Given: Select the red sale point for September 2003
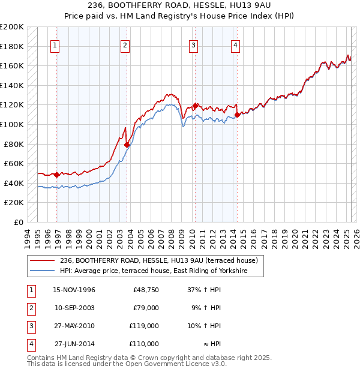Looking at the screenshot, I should click(127, 145).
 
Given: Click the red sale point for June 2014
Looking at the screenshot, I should click(238, 115).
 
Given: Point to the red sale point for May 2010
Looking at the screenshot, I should click(196, 106).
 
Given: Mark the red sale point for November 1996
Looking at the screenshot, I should click(57, 175).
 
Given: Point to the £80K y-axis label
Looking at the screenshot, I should click(14, 144).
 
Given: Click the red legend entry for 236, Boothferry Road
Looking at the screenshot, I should click(158, 260).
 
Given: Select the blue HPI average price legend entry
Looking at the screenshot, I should click(162, 271).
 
